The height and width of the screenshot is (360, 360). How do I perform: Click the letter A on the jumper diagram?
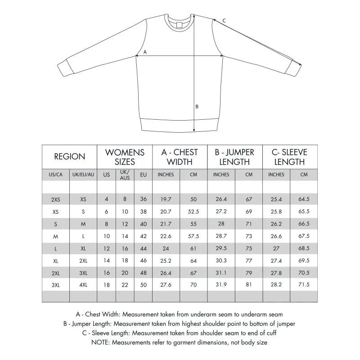pos(145,52)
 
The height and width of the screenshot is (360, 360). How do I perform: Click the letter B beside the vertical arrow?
pos(197,107)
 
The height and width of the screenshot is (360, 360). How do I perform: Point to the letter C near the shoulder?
pos(224,20)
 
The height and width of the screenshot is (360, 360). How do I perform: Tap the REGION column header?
pos(70,157)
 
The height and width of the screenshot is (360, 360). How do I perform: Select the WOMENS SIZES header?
pos(125,157)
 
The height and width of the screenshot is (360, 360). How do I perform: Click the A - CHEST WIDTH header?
pos(180,157)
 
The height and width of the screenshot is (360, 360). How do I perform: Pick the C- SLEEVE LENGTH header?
pos(290,157)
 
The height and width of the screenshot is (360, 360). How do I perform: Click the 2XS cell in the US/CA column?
pos(56,199)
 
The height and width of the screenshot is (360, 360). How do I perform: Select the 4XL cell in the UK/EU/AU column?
pos(83,284)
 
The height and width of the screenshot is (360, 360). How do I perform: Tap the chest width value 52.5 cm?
pos(193,210)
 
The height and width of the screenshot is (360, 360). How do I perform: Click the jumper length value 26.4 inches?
pos(221,199)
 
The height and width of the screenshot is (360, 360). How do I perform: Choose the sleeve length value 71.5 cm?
pos(304,284)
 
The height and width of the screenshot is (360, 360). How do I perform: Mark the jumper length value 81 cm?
pos(249,284)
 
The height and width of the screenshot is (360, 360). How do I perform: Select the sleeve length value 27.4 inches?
pos(276,261)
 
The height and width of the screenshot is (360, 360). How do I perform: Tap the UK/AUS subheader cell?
pos(125,175)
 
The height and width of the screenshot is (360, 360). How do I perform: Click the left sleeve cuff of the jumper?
pos(64,69)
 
